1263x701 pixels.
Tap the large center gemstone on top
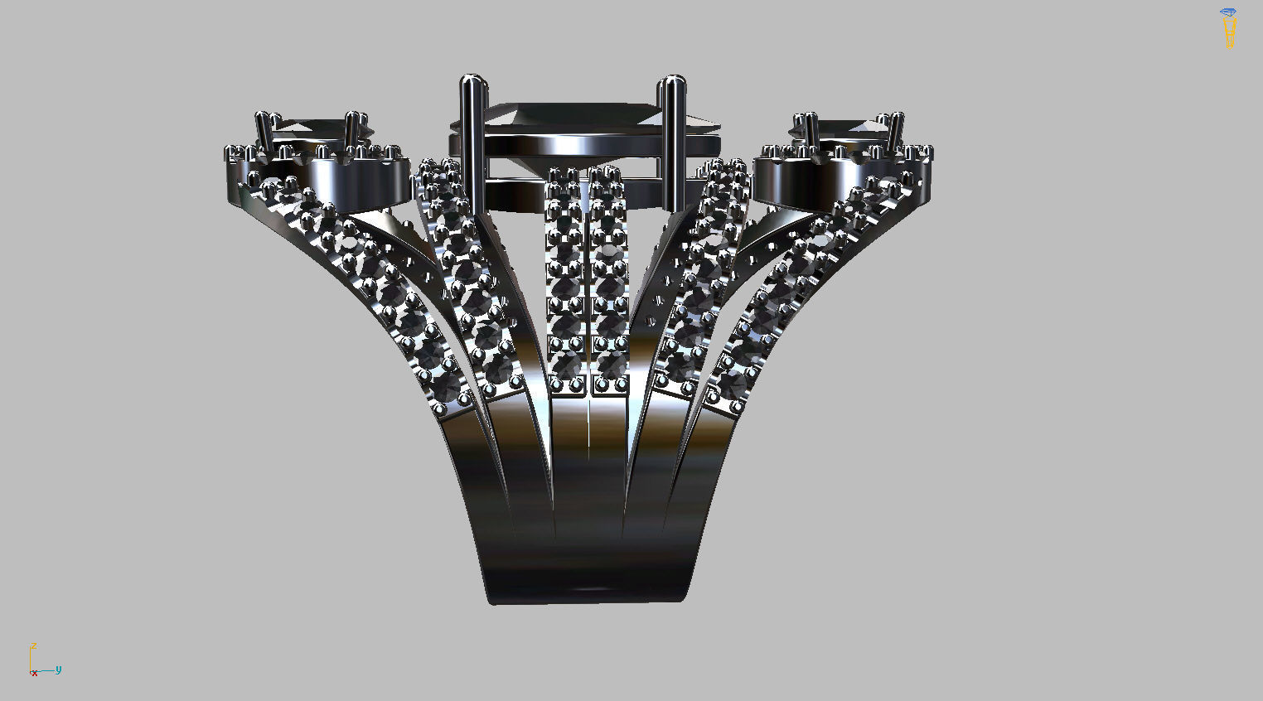pyautogui.click(x=572, y=115)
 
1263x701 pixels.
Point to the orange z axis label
pyautogui.click(x=33, y=645)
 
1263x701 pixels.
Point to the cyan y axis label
pyautogui.click(x=59, y=670)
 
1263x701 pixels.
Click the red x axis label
pyautogui.click(x=34, y=674)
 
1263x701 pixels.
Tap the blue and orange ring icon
pyautogui.click(x=1228, y=28)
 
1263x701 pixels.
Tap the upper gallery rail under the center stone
pyautogui.click(x=572, y=145)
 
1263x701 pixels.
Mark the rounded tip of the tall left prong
pyautogui.click(x=473, y=81)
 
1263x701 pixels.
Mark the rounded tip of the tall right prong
pyautogui.click(x=671, y=81)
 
